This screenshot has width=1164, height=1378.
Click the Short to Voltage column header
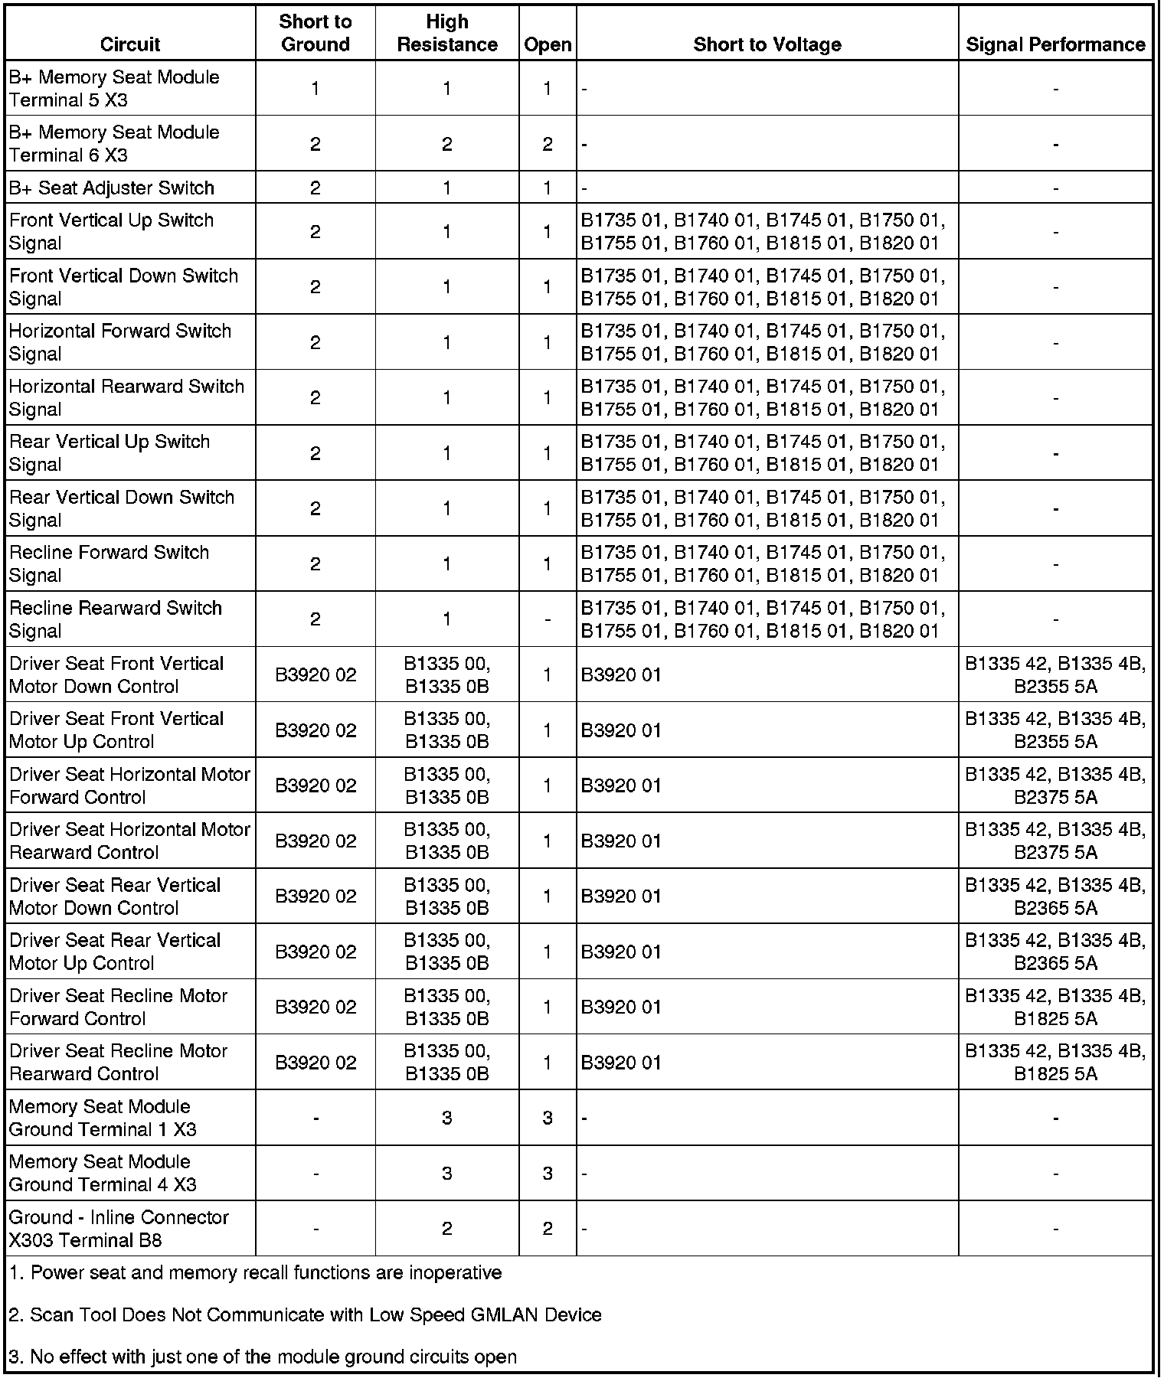tap(767, 44)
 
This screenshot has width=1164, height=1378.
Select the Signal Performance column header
tap(1055, 44)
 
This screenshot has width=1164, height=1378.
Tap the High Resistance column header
tap(447, 33)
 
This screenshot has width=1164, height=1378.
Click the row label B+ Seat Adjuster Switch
tap(112, 188)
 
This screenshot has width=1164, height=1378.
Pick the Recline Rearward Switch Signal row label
tap(115, 619)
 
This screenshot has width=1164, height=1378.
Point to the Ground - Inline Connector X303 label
tap(119, 1228)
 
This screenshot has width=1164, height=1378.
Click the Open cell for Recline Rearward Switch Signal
tap(547, 619)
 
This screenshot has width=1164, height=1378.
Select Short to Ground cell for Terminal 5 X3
tap(315, 88)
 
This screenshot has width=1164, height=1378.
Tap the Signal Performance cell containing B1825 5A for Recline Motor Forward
tap(1055, 1007)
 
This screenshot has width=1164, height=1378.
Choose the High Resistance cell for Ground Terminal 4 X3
tap(447, 1173)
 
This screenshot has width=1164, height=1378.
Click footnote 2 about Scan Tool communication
tap(306, 1314)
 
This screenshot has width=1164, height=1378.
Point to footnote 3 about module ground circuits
tap(263, 1357)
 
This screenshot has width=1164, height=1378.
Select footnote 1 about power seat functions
tap(256, 1272)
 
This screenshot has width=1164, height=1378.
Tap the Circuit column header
tap(130, 44)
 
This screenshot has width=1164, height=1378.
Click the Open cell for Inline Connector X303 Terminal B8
tap(547, 1228)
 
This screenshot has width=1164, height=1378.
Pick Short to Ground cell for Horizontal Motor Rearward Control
tap(315, 841)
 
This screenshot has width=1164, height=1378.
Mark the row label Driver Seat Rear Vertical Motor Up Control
tap(115, 952)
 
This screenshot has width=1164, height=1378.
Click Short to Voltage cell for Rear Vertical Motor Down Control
tap(621, 896)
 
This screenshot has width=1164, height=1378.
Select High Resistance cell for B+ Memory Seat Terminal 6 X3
tap(447, 144)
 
